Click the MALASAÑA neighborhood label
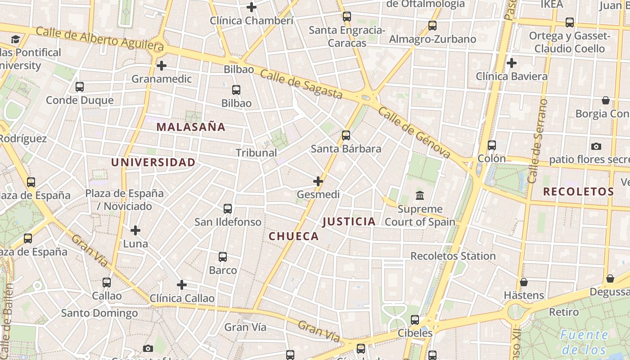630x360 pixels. [x=191, y=127]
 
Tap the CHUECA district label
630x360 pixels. [x=293, y=236]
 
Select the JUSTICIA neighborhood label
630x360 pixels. [x=349, y=221]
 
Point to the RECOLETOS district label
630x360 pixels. [x=578, y=191]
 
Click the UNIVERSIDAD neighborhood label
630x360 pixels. [x=153, y=162]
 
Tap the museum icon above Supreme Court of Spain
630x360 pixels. [x=420, y=196]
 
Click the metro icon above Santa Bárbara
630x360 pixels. [x=346, y=135]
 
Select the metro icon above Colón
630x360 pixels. [x=492, y=145]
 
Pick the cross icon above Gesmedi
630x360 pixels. [x=318, y=181]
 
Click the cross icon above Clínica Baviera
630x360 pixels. [x=512, y=63]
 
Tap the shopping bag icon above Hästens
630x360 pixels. [x=523, y=282]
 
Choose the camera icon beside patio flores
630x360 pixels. [x=596, y=146]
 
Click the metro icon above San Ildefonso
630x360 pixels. [x=228, y=209]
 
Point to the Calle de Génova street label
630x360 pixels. [x=414, y=133]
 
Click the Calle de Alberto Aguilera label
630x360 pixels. [x=99, y=39]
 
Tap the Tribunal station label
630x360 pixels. [x=256, y=153]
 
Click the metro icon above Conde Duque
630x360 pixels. [x=80, y=87]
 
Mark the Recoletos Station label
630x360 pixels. [x=453, y=256]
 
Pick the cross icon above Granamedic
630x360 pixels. [x=162, y=66]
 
